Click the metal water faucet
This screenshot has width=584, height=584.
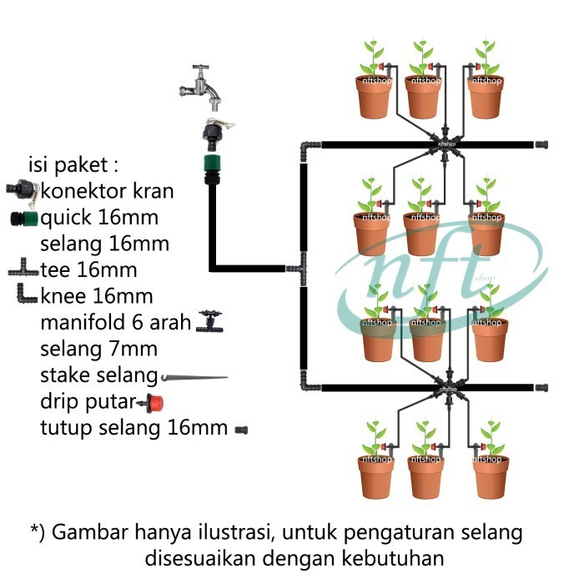tap(201, 88)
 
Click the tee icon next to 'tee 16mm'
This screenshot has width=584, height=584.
tap(23, 268)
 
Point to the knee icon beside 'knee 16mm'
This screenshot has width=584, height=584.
tap(26, 295)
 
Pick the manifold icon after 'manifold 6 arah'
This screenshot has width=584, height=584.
tap(209, 322)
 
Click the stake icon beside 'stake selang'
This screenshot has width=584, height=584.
tap(194, 378)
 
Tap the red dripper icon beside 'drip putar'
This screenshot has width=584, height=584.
tap(150, 403)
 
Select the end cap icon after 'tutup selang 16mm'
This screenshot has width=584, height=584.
tap(241, 430)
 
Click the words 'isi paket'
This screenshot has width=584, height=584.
tap(68, 164)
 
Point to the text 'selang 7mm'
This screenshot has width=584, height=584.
tap(98, 349)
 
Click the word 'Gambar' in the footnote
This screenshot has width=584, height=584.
tap(90, 532)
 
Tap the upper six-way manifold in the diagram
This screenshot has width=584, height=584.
tap(445, 144)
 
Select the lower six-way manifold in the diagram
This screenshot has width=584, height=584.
tap(448, 388)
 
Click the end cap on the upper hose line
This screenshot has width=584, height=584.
tap(541, 144)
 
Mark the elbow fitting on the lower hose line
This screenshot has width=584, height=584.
tap(309, 383)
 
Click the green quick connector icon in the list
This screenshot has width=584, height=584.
tap(24, 219)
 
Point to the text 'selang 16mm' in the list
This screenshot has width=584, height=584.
tap(104, 244)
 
